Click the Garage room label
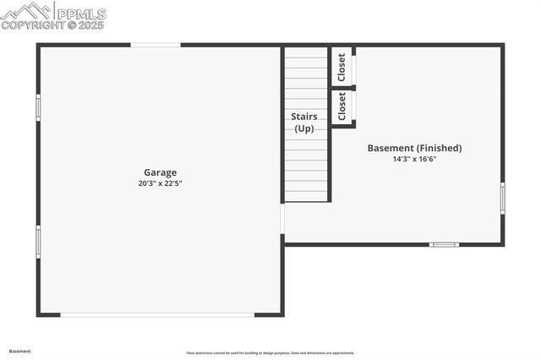(160, 172)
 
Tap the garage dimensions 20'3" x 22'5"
(161, 183)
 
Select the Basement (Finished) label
(414, 148)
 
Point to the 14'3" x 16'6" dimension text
(414, 159)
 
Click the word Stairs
(304, 116)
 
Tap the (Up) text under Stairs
(304, 128)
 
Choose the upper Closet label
(342, 67)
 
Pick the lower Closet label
(342, 106)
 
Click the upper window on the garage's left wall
(38, 107)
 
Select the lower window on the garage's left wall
(38, 241)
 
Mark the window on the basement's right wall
(502, 197)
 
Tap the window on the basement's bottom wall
(444, 244)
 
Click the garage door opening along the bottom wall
(157, 315)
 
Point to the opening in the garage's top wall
(156, 45)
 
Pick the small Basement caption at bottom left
(19, 350)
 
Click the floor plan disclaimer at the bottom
(270, 352)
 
